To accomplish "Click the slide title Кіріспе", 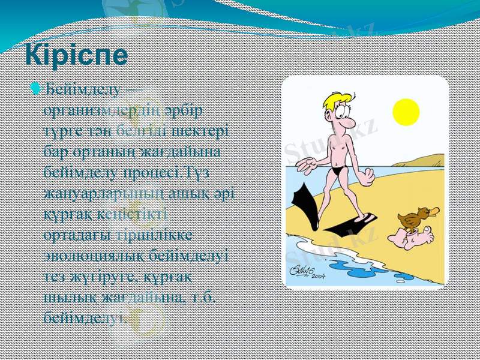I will [x=76, y=55].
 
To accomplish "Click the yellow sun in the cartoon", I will [x=406, y=112].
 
